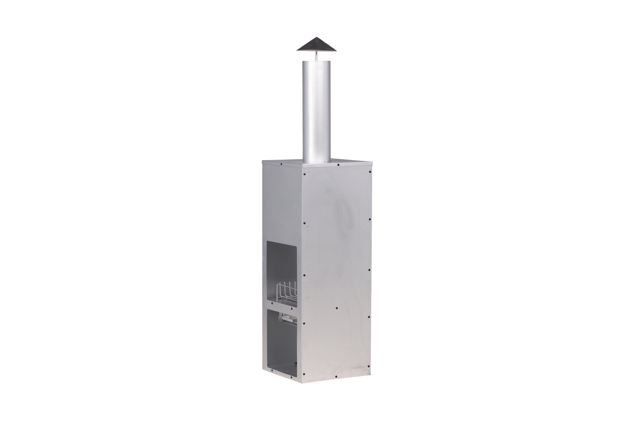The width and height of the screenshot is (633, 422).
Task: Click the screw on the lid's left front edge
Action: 281,164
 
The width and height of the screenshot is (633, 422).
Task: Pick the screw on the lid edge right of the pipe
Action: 338,164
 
